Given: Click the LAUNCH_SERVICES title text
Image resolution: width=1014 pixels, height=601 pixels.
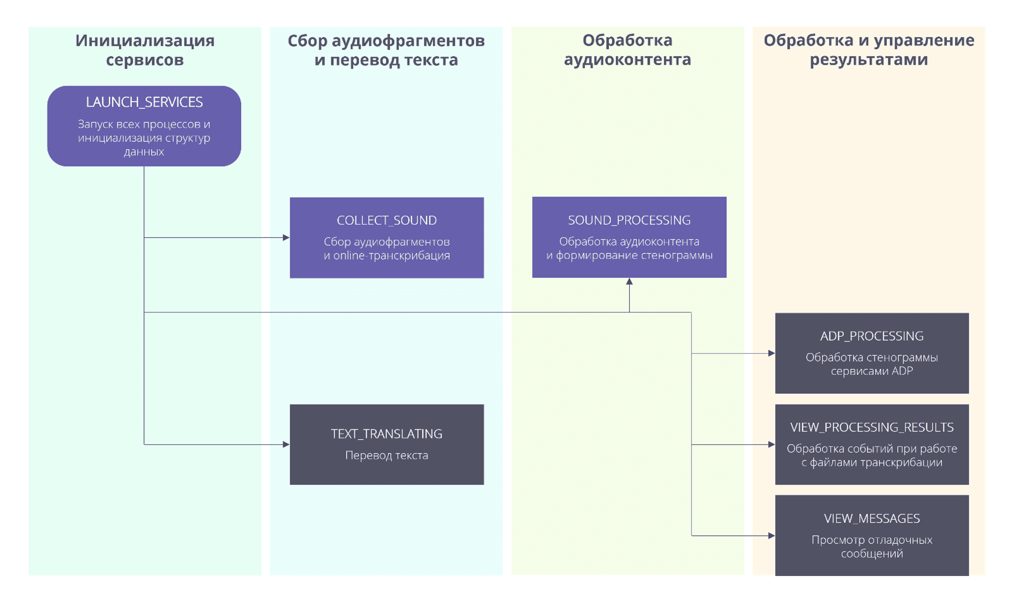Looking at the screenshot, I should point(144,102).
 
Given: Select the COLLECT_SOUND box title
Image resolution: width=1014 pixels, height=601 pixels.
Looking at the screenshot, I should point(387,220).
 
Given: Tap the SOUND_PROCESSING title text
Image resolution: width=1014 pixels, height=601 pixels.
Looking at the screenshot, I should point(629,220).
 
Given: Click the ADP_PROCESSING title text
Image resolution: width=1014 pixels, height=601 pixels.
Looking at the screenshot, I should point(872,336).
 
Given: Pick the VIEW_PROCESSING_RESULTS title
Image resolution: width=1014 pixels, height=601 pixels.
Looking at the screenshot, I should point(872,427).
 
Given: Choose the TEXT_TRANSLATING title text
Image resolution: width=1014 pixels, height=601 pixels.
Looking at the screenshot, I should point(387,434).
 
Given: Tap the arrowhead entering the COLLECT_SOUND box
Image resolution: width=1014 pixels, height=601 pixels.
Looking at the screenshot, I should point(286,238).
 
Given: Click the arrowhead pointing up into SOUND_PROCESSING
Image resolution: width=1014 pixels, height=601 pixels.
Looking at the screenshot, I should point(629,282).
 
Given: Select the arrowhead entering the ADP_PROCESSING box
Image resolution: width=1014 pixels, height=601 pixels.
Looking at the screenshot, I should point(772,353).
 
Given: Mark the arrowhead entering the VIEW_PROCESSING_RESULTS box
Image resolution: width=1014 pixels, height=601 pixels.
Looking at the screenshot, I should point(772,444).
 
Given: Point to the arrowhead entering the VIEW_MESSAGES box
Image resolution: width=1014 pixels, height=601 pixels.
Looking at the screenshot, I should point(772,536).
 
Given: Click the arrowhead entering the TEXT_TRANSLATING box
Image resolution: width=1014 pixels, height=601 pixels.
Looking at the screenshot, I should point(286,444).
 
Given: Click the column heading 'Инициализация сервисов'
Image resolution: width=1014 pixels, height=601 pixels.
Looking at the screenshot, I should point(145,50).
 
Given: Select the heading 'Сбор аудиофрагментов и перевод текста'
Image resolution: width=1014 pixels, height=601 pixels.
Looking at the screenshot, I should point(386,50).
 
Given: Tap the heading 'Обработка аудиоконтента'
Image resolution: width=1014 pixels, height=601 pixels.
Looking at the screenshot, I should point(627,50).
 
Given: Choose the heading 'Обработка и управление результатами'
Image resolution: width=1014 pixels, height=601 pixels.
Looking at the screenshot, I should point(869,50).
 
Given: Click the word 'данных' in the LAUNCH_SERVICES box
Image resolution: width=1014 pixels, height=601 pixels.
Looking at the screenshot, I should point(144,152).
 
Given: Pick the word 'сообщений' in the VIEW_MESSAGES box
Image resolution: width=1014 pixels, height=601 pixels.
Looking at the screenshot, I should point(872,553).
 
